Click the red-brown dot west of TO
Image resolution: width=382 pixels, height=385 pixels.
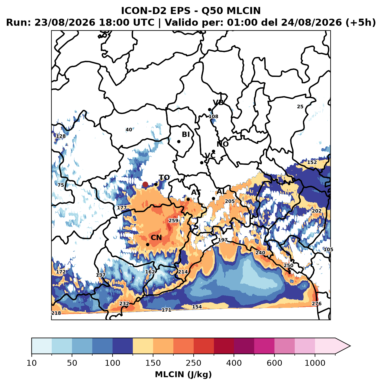click(x=145, y=184)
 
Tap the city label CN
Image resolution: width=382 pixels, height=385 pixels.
click(x=156, y=238)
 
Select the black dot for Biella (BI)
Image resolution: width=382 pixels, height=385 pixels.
click(x=179, y=142)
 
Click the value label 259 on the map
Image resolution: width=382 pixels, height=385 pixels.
click(x=173, y=221)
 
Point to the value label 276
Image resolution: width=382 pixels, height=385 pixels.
click(x=316, y=304)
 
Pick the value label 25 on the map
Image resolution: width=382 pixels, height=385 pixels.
click(x=300, y=107)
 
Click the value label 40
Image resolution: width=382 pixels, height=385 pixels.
click(x=129, y=130)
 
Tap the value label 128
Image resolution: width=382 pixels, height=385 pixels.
click(x=61, y=136)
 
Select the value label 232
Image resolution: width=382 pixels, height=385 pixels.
click(x=124, y=304)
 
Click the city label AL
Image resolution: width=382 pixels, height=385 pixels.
click(x=222, y=192)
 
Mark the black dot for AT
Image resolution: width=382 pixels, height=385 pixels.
click(x=188, y=199)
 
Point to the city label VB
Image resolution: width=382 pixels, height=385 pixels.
click(x=218, y=102)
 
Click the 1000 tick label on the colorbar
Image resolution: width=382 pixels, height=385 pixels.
click(x=315, y=363)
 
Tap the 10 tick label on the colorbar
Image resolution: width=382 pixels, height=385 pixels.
click(x=32, y=363)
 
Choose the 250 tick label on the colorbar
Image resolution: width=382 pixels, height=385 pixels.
click(x=194, y=363)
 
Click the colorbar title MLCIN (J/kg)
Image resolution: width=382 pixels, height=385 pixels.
click(x=183, y=374)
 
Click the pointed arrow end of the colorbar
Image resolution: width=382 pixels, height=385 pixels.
click(x=350, y=346)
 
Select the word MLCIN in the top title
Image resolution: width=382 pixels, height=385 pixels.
click(x=244, y=11)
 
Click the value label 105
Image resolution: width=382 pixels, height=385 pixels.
click(x=328, y=249)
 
